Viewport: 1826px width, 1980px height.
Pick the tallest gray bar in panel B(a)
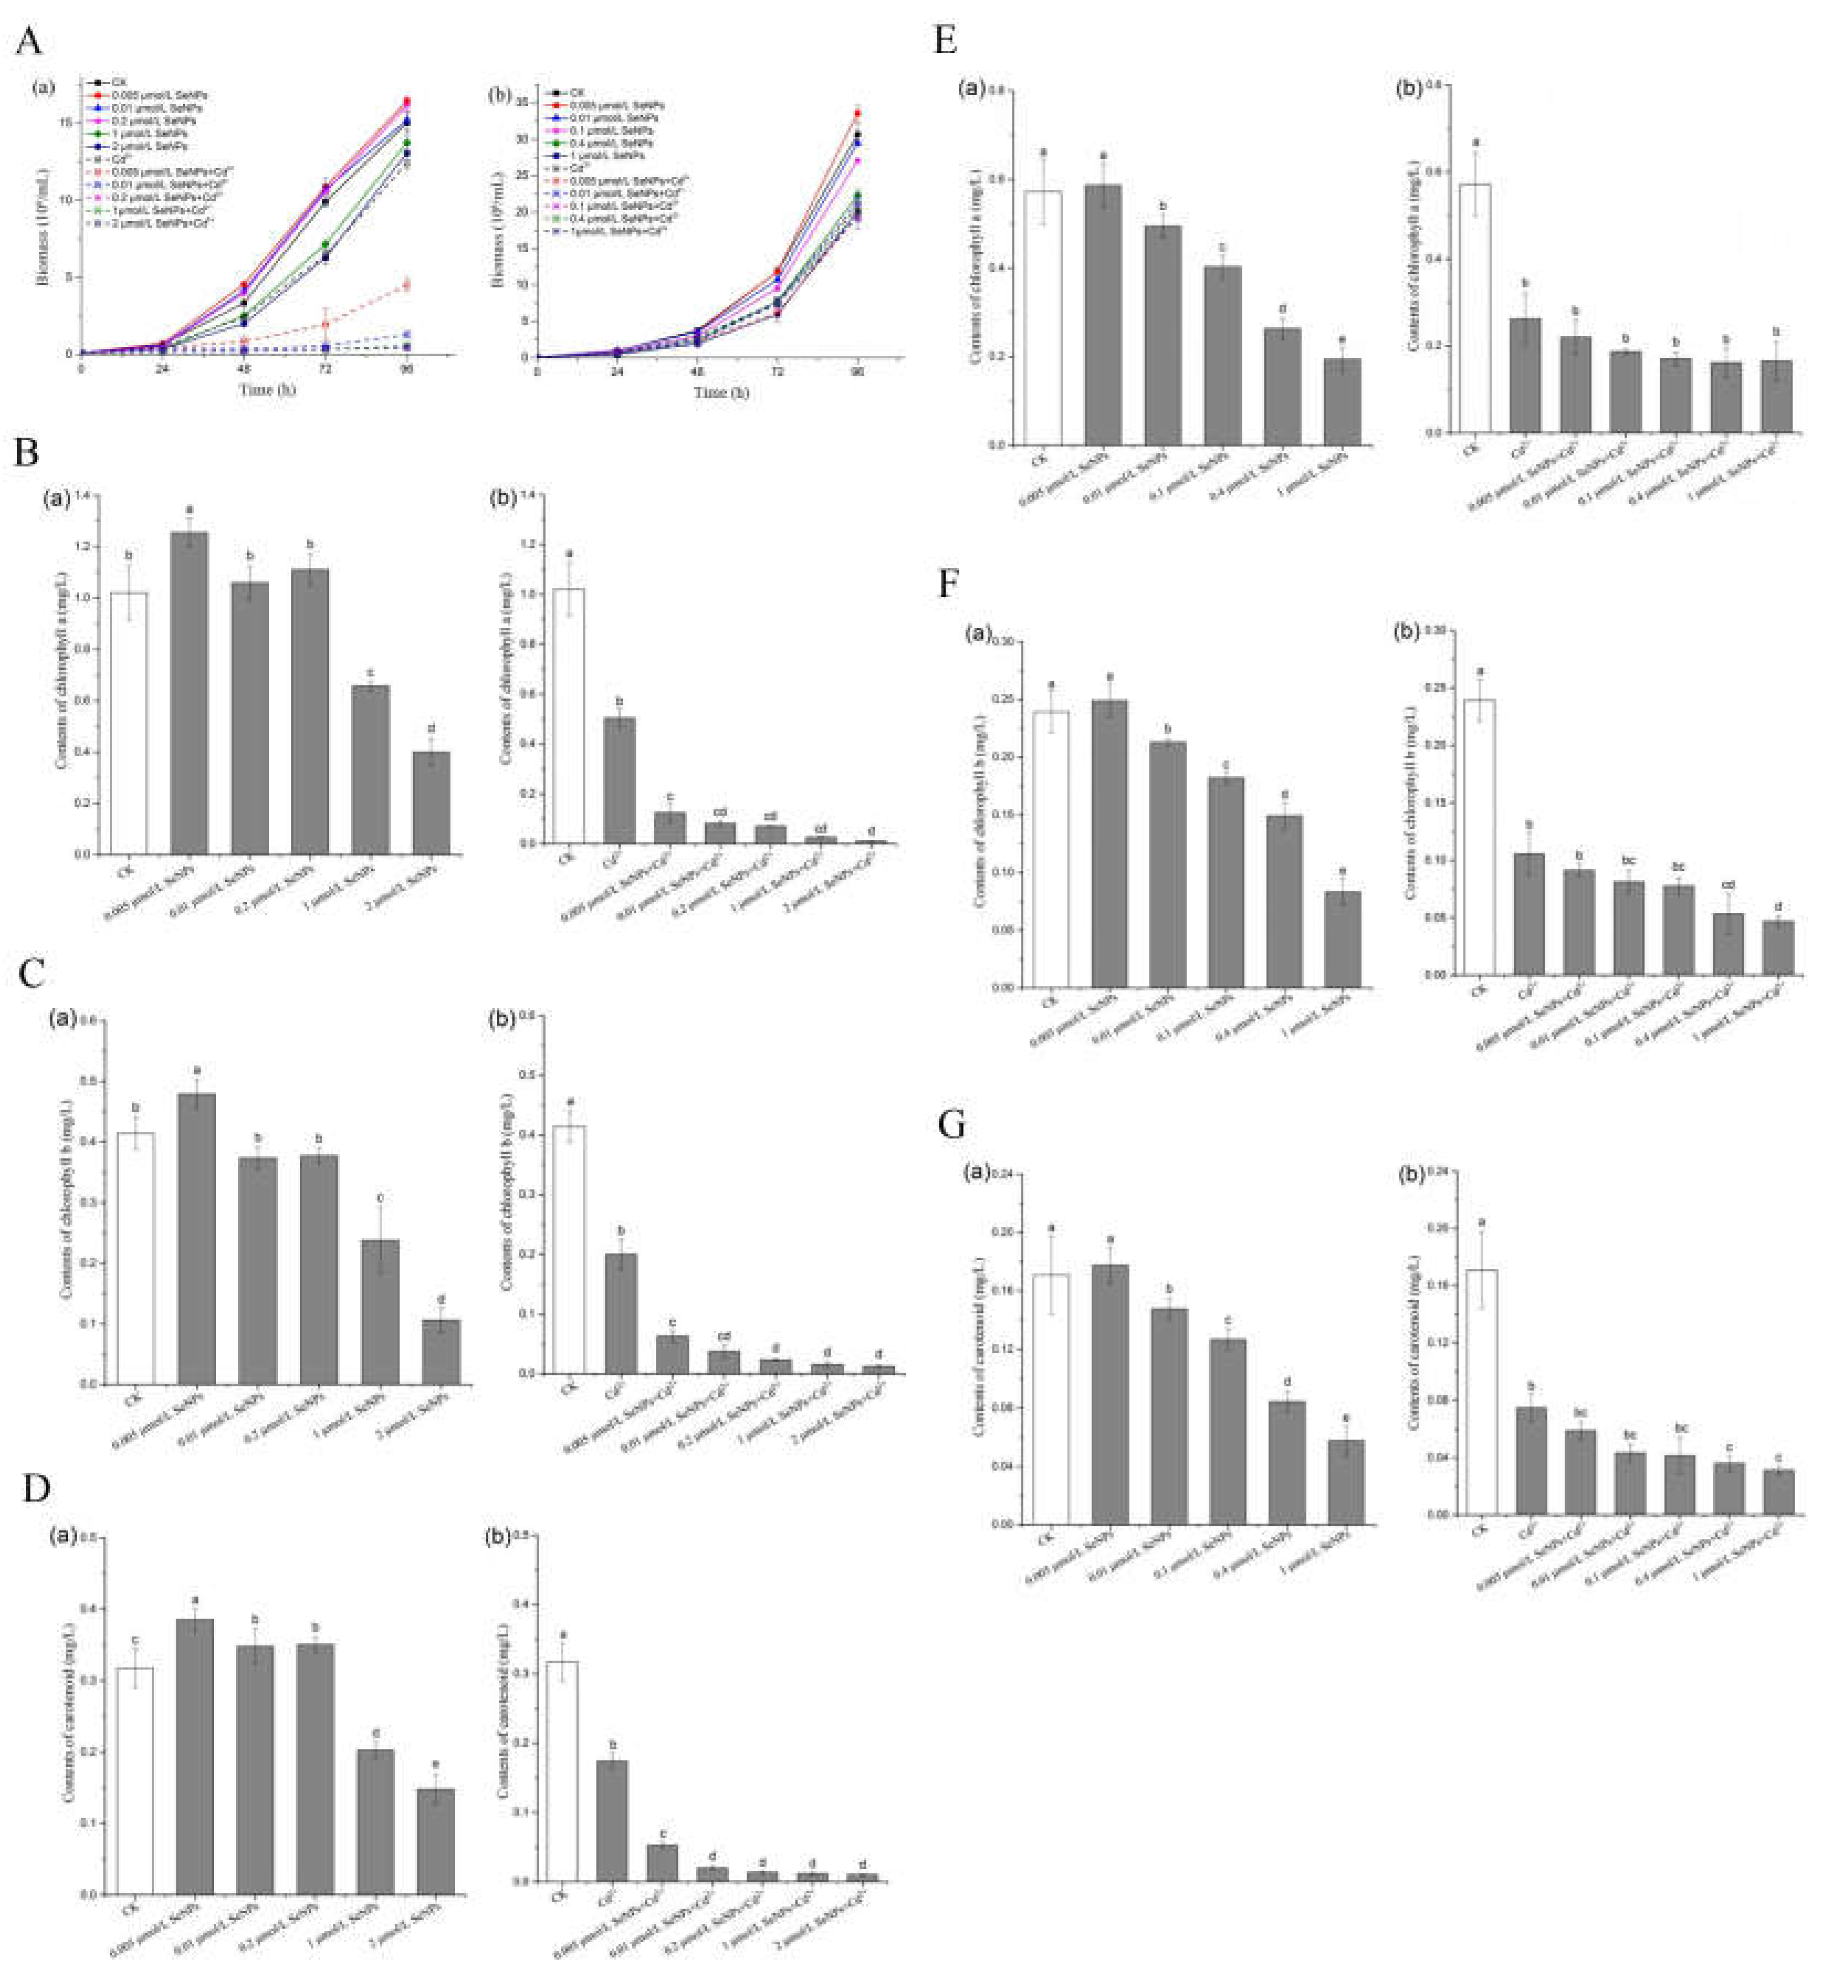pos(190,692)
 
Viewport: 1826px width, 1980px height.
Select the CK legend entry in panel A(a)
pos(119,83)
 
